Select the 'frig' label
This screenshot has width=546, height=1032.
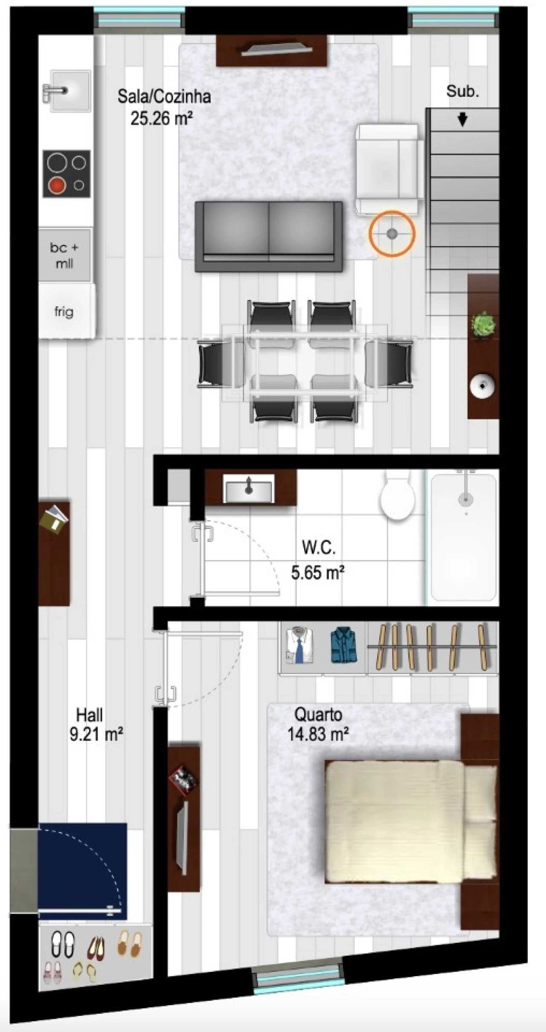pyautogui.click(x=64, y=312)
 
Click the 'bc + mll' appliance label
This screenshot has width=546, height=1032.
pyautogui.click(x=64, y=255)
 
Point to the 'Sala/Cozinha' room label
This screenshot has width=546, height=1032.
pyautogui.click(x=164, y=96)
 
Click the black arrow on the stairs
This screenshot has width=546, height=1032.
pyautogui.click(x=462, y=119)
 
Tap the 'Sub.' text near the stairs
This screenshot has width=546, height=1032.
pyautogui.click(x=462, y=91)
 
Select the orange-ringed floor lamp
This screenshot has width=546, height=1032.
pyautogui.click(x=392, y=234)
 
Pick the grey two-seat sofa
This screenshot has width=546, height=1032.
pyautogui.click(x=269, y=236)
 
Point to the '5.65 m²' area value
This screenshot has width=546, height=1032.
pyautogui.click(x=318, y=572)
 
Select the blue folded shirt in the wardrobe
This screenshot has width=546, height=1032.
pyautogui.click(x=343, y=645)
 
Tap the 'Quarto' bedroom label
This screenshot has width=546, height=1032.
pyautogui.click(x=318, y=714)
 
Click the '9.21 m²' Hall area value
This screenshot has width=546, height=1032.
pyautogui.click(x=96, y=734)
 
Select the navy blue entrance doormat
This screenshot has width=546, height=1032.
pyautogui.click(x=83, y=872)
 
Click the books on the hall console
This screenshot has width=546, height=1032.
pyautogui.click(x=54, y=517)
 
